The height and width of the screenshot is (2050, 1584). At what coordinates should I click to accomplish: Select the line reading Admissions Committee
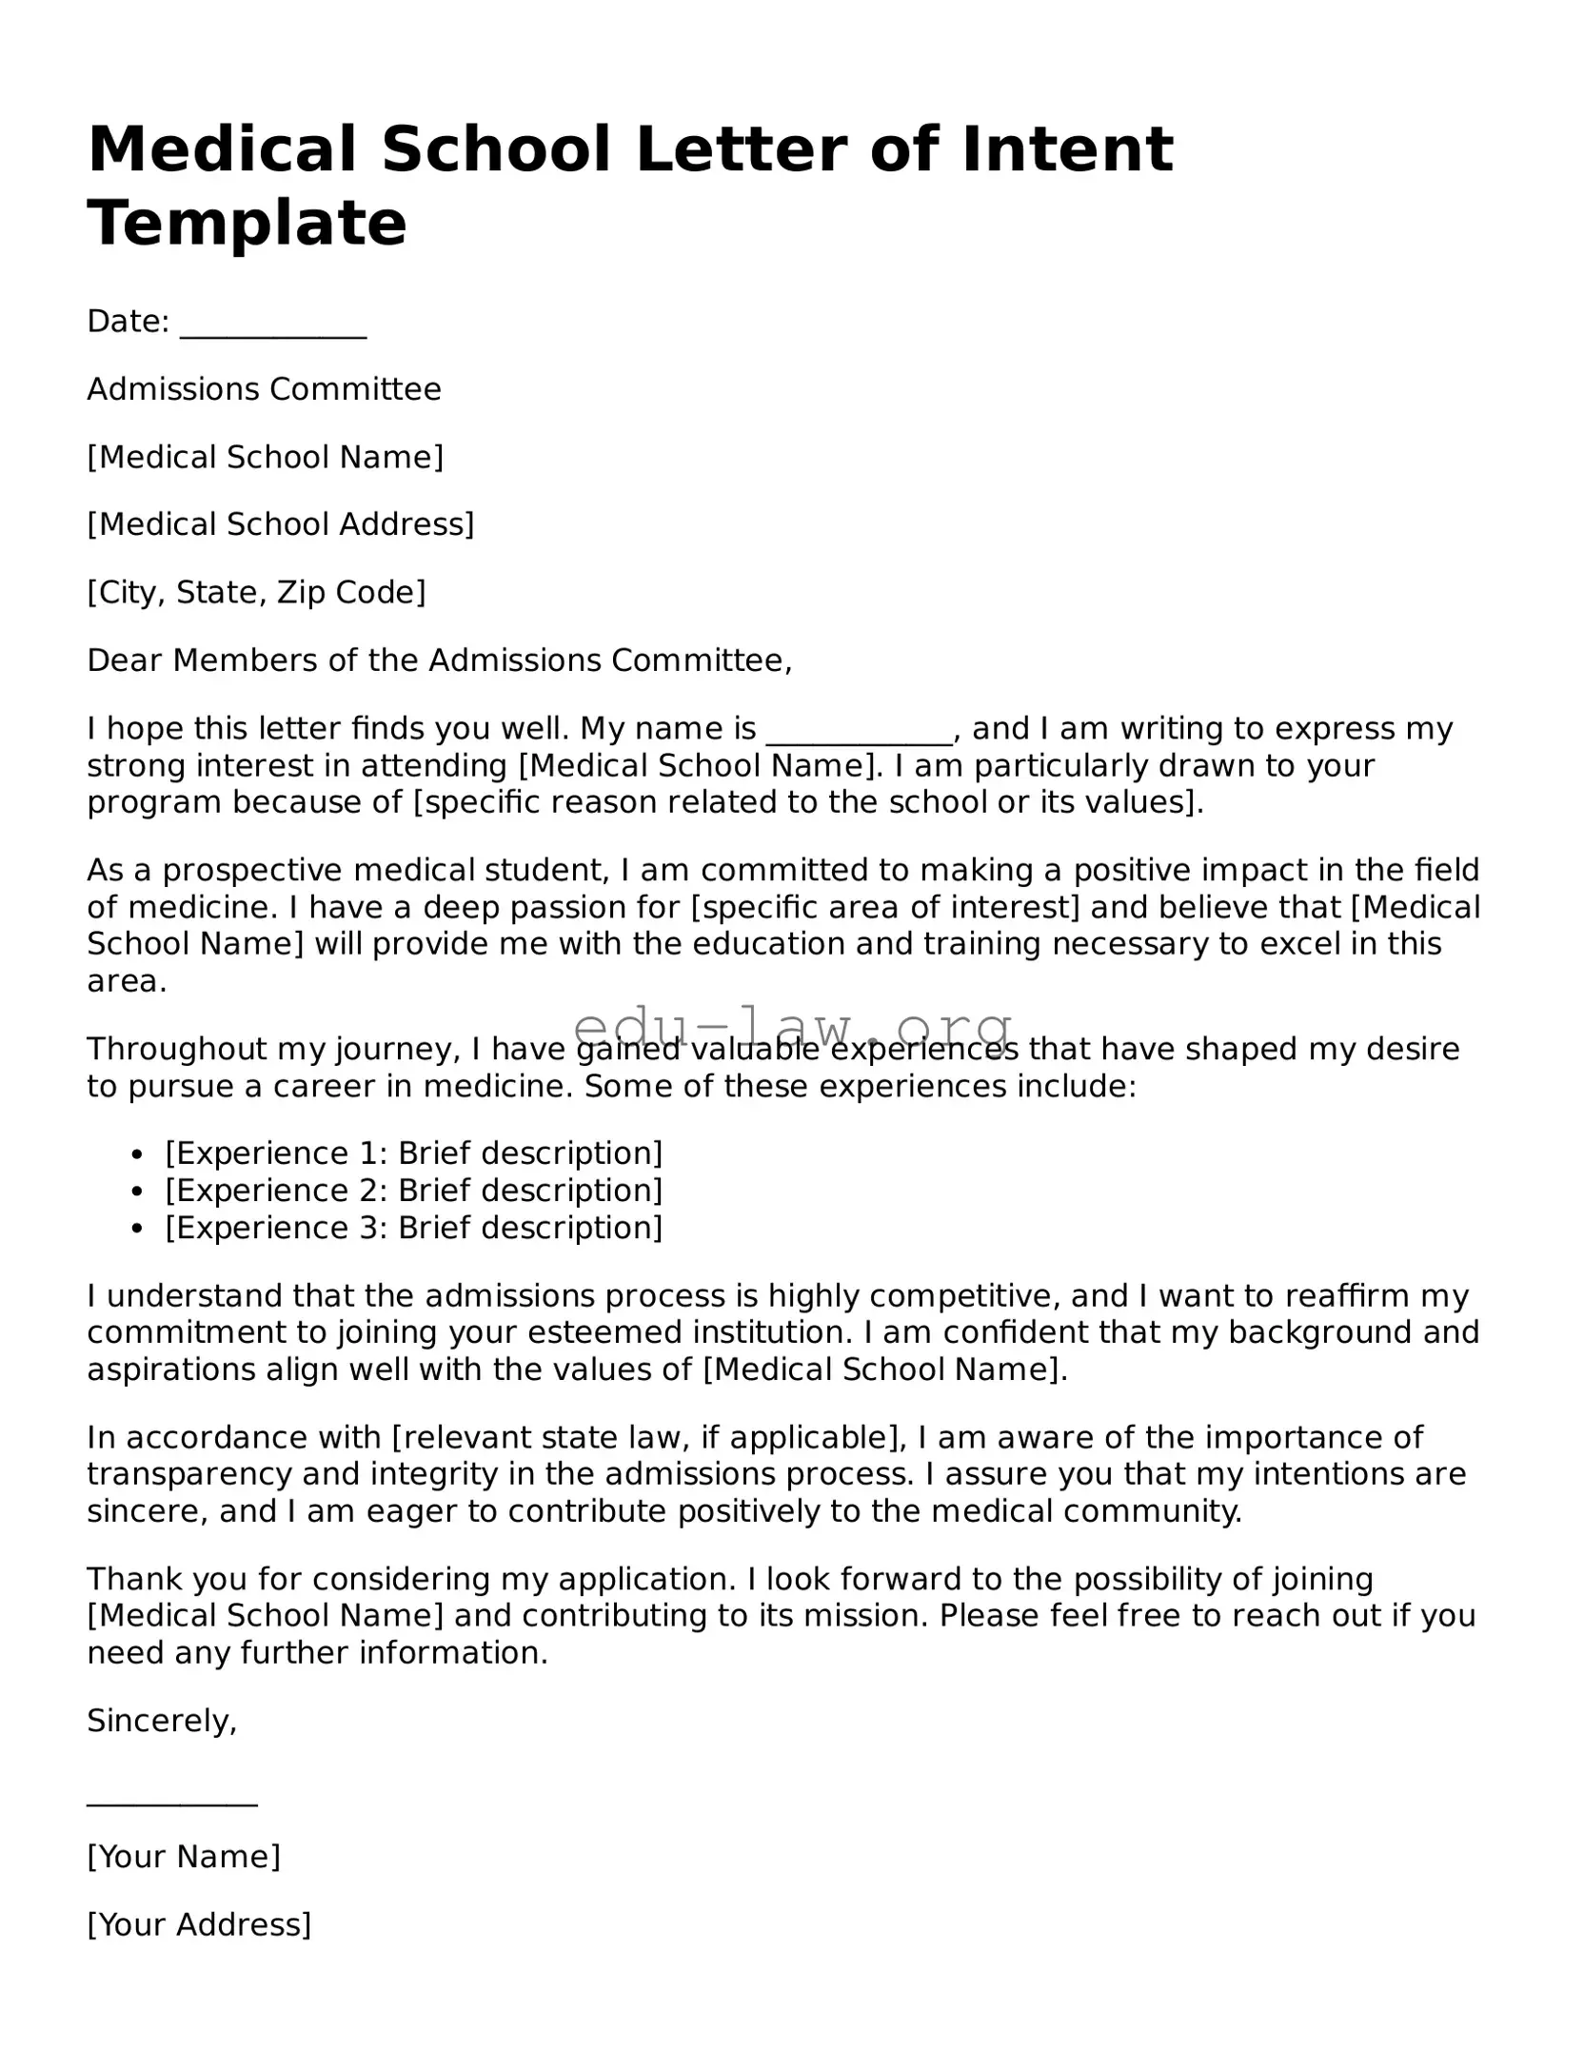264,389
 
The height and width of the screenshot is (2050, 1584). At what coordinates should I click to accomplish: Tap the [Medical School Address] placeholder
280,524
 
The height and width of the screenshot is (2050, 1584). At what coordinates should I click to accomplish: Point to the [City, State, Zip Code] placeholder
256,592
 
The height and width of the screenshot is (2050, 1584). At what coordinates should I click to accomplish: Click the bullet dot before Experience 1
138,1155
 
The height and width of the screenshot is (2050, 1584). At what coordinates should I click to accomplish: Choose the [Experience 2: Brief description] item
413,1191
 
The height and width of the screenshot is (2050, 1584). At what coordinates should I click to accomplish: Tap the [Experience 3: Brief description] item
413,1228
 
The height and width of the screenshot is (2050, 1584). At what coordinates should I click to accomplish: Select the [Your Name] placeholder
184,1856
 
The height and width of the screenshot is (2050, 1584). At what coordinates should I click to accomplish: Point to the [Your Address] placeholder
199,1924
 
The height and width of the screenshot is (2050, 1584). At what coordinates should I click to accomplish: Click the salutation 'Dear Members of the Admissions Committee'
439,660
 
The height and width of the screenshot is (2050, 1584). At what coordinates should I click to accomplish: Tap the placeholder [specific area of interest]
884,907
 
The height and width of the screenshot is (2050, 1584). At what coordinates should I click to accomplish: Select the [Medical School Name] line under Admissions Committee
266,457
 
